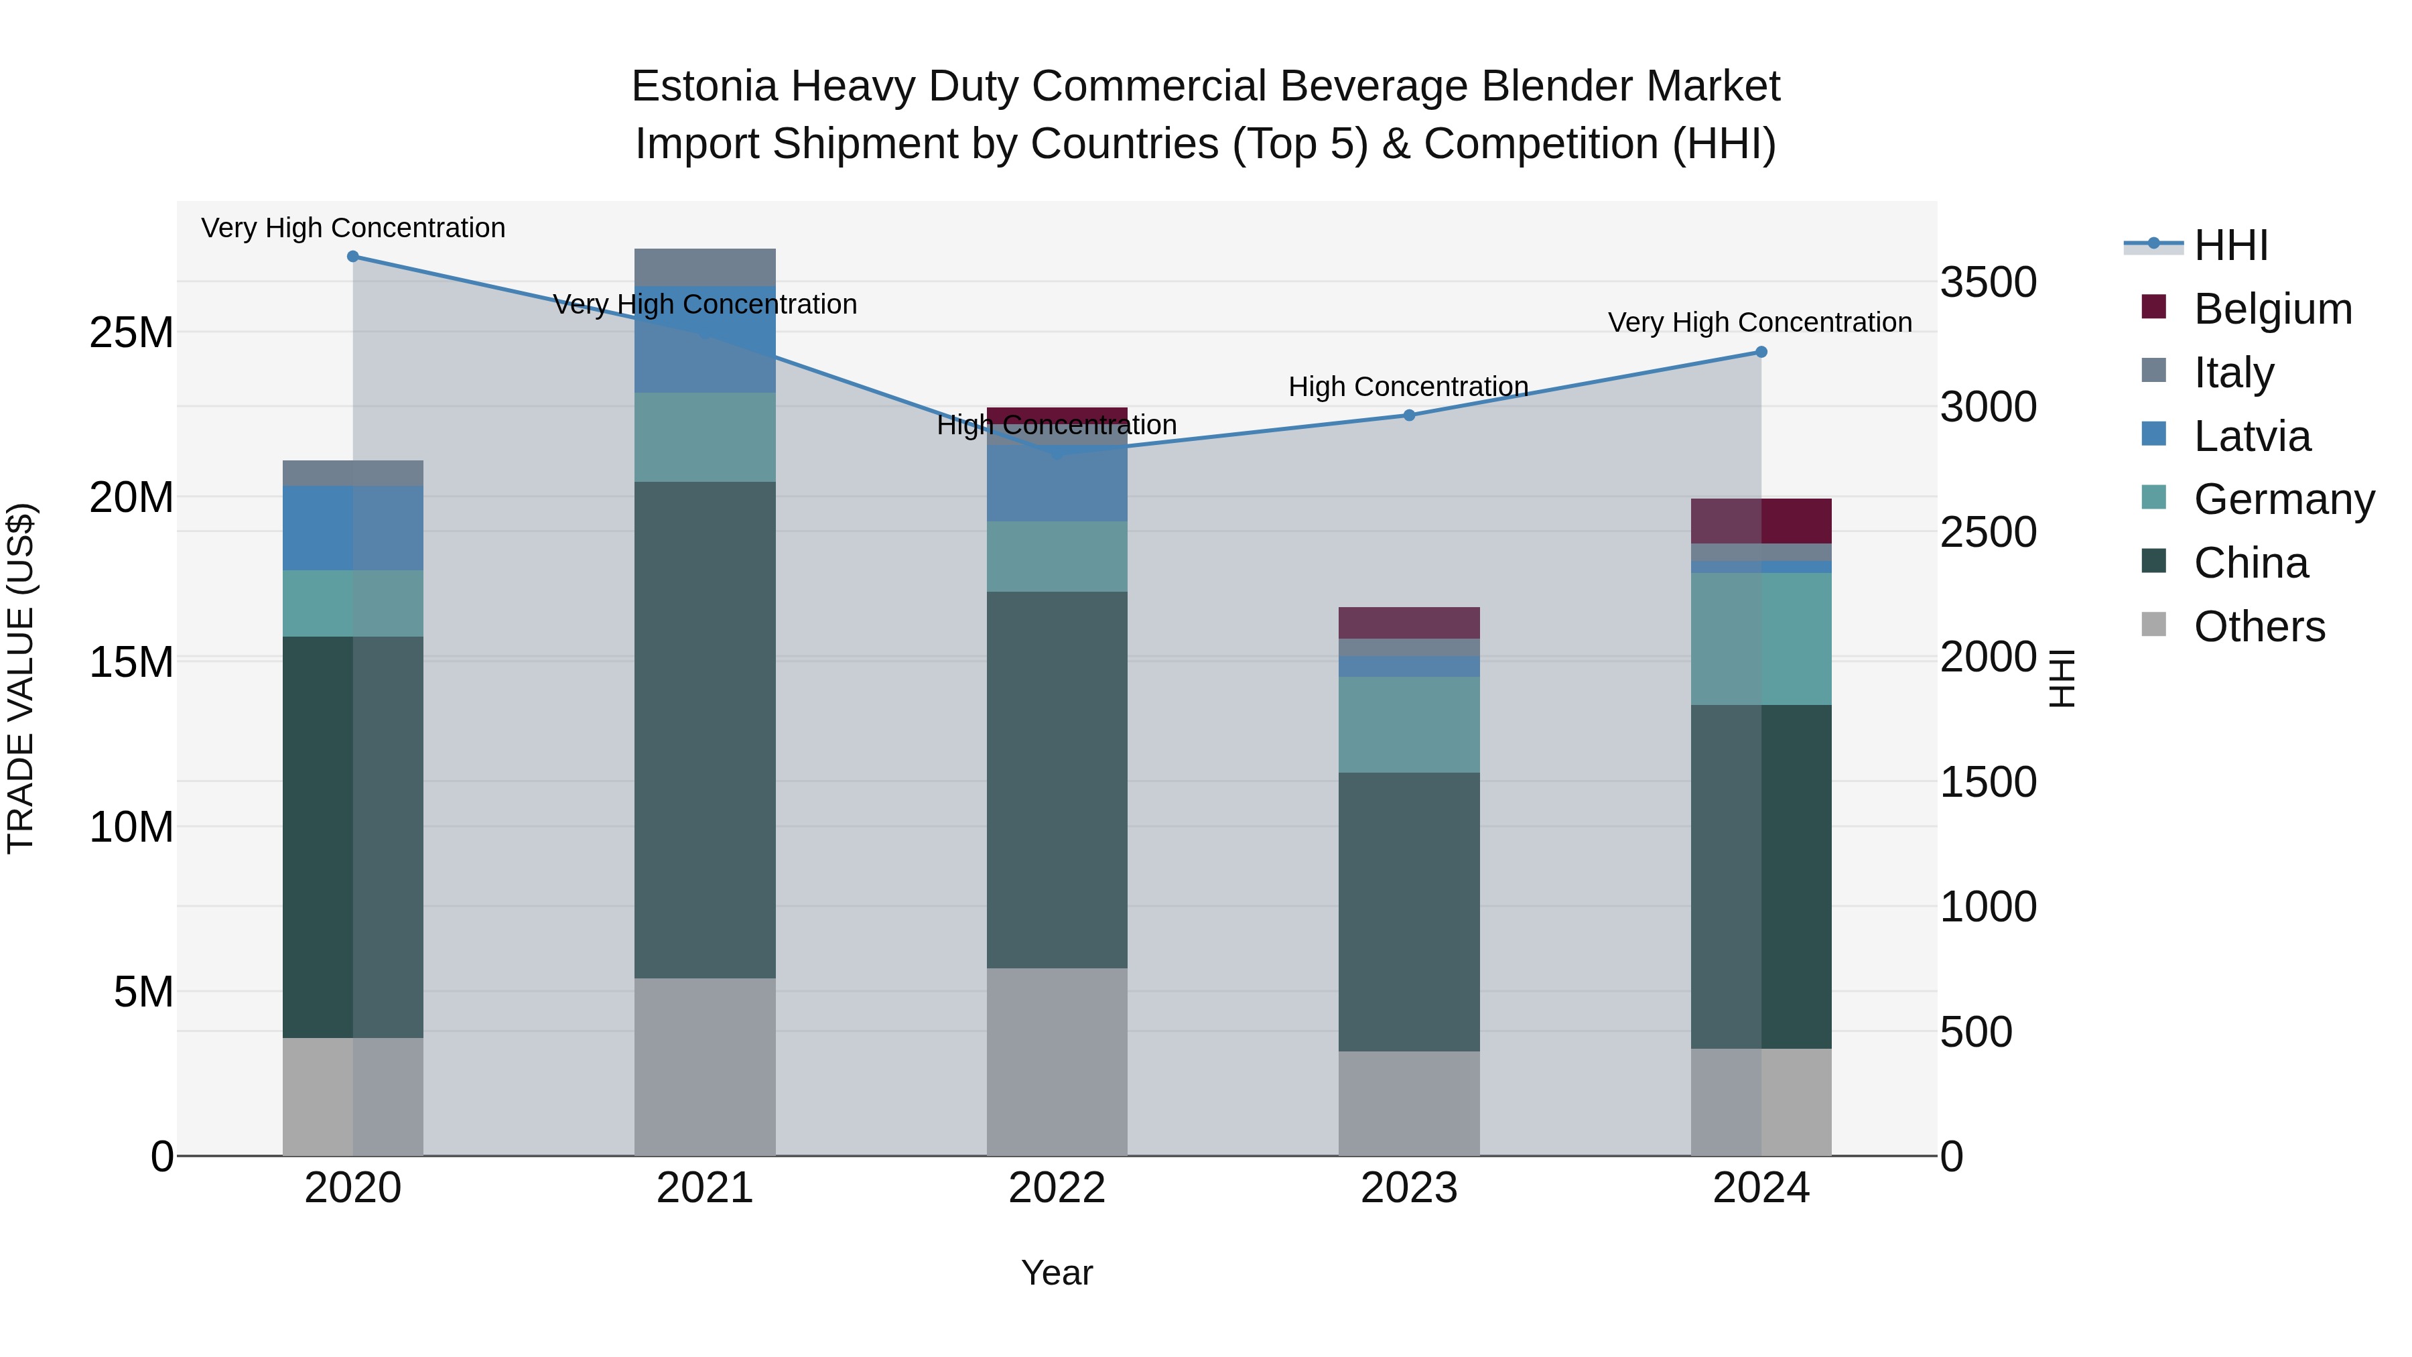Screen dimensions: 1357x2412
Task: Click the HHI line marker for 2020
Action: (x=353, y=257)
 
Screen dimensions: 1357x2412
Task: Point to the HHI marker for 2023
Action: (x=1409, y=415)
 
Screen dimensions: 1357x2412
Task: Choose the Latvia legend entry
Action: (x=2251, y=436)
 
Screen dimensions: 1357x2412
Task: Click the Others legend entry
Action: (x=2259, y=627)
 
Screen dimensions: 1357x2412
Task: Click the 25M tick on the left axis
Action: (x=131, y=332)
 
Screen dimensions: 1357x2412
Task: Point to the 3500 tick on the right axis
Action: (x=1988, y=282)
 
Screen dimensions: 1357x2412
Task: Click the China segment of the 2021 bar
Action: (x=705, y=730)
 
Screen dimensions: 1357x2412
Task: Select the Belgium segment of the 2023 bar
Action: (x=1409, y=623)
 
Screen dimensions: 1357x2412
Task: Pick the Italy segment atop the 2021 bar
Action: (x=705, y=267)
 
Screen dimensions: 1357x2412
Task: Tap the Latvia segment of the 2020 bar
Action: (x=353, y=528)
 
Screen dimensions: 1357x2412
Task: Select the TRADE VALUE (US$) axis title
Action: (x=21, y=678)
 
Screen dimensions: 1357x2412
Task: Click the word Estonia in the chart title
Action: (x=704, y=86)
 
